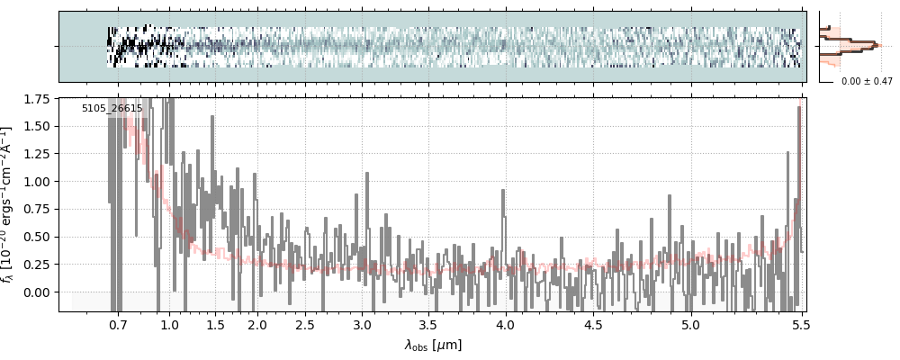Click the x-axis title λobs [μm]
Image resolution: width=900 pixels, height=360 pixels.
[433, 345]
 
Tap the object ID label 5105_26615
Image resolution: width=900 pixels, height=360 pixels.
[112, 109]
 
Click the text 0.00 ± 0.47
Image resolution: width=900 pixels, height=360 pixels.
[865, 81]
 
